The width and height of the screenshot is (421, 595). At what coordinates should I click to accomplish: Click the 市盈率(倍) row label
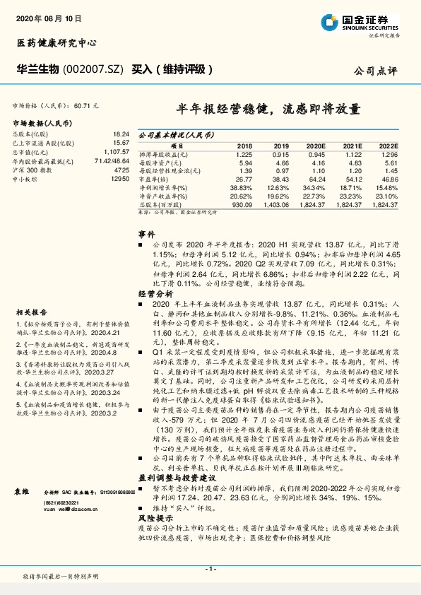[x=155, y=179]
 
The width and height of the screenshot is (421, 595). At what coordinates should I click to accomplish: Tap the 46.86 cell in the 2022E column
[x=389, y=179]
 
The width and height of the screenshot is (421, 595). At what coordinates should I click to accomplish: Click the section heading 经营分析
[x=155, y=292]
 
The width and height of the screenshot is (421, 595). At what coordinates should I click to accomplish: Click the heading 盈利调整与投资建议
[x=174, y=478]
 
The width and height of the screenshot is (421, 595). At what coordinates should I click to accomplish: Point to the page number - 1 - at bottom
[x=210, y=570]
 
